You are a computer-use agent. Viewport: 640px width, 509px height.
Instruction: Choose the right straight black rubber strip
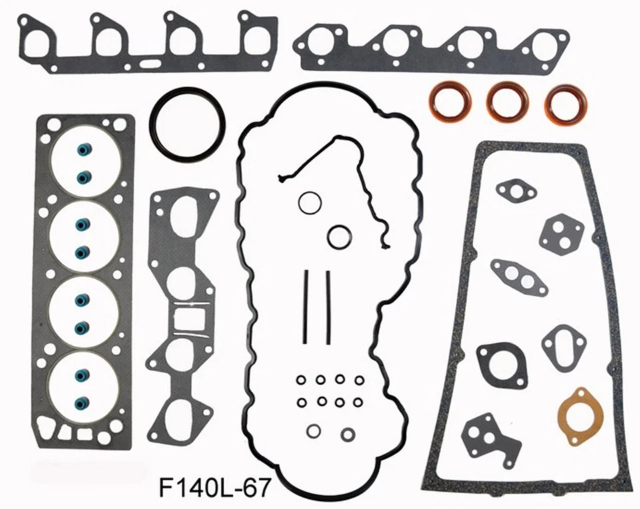[x=328, y=306]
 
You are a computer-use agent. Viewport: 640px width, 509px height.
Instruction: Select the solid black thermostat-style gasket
[x=501, y=363]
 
